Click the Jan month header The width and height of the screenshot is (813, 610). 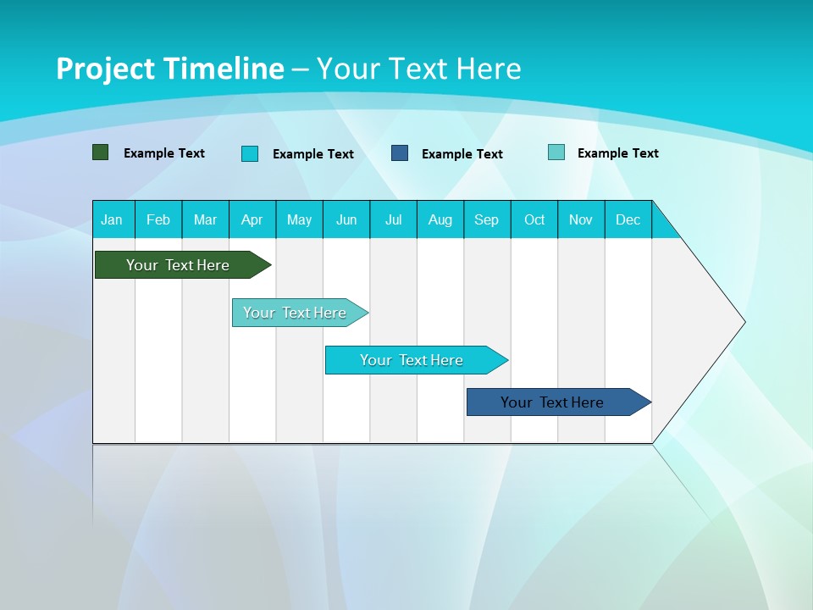point(112,219)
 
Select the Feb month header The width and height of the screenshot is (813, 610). point(158,219)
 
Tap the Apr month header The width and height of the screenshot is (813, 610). point(252,219)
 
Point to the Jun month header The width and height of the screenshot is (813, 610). point(346,219)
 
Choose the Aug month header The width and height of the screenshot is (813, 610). point(440,219)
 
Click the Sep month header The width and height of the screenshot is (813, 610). point(486,219)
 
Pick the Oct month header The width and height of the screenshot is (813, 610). point(534,219)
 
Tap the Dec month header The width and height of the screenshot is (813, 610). point(628,219)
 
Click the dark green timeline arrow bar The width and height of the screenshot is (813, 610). point(178,265)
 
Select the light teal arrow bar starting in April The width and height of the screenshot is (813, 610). point(295,313)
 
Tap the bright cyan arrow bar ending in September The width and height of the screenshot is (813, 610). point(412,360)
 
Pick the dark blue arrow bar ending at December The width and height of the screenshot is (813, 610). point(552,402)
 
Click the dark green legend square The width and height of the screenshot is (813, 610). point(101,152)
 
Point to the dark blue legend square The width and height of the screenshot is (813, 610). point(400,153)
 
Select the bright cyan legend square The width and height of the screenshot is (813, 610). point(250,153)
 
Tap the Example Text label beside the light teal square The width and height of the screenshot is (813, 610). point(617,153)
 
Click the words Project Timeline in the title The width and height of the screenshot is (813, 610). point(169,69)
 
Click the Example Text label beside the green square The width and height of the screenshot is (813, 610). point(164,153)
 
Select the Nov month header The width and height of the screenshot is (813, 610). point(581,219)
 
